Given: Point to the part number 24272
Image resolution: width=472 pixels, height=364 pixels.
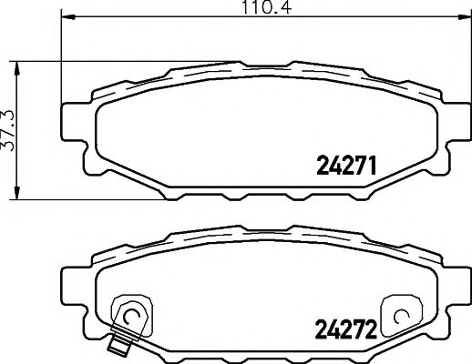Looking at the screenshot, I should coord(345,328).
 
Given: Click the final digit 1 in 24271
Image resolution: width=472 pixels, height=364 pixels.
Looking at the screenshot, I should coord(372,165).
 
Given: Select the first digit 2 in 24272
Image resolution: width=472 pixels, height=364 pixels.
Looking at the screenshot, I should coord(320,328).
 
